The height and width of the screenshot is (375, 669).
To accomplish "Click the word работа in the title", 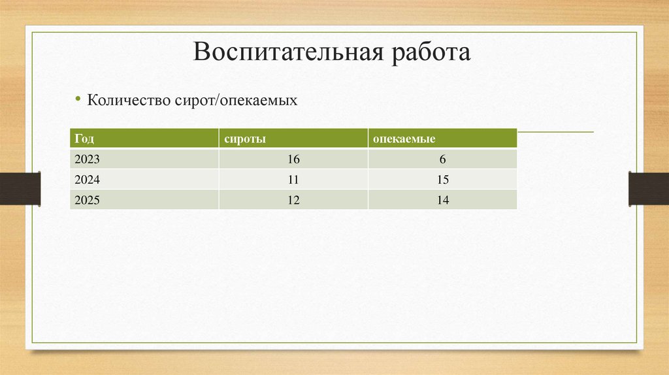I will [x=431, y=53].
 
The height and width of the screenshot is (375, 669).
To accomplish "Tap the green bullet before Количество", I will [x=78, y=99].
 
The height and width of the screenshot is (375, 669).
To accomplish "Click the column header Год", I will [x=84, y=139].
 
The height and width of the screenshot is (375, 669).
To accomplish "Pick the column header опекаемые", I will [x=404, y=139].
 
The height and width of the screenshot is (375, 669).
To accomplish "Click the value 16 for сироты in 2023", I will [x=293, y=159].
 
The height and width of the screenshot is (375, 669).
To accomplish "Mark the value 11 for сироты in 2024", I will [x=293, y=180].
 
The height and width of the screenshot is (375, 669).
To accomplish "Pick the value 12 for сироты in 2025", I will [x=293, y=200].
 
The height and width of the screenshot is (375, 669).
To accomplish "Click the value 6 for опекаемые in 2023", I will [x=442, y=159].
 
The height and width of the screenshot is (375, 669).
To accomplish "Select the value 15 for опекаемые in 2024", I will [x=442, y=180].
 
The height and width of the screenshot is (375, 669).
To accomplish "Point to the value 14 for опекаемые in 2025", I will [x=442, y=200].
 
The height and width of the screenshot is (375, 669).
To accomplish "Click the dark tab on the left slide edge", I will [x=20, y=188].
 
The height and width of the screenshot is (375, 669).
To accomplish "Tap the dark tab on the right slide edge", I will [x=649, y=188].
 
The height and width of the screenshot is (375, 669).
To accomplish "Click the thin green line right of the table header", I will [x=555, y=132].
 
